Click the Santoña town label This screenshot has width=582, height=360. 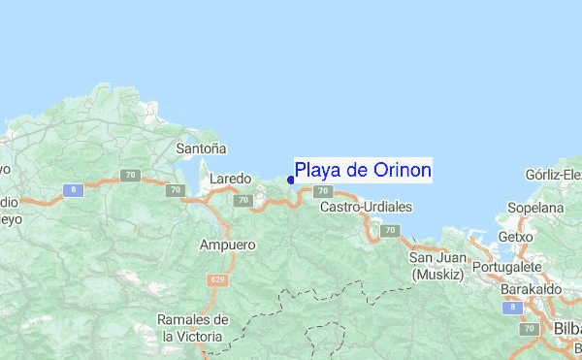click(202, 148)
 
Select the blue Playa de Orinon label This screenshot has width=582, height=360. click(363, 171)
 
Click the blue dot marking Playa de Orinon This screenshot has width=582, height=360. click(291, 179)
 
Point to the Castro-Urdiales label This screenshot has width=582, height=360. click(366, 207)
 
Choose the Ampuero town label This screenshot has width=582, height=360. click(227, 245)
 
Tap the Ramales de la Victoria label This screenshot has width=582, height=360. click(194, 328)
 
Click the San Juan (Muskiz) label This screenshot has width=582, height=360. click(436, 265)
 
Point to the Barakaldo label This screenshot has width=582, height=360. click(531, 289)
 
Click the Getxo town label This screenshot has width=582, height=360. click(515, 237)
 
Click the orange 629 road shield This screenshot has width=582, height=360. click(215, 279)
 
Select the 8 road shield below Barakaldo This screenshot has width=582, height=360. click(511, 307)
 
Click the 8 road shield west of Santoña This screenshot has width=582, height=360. click(73, 191)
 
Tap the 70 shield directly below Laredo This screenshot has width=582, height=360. click(242, 201)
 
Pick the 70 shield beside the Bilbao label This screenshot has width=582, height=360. click(529, 330)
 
